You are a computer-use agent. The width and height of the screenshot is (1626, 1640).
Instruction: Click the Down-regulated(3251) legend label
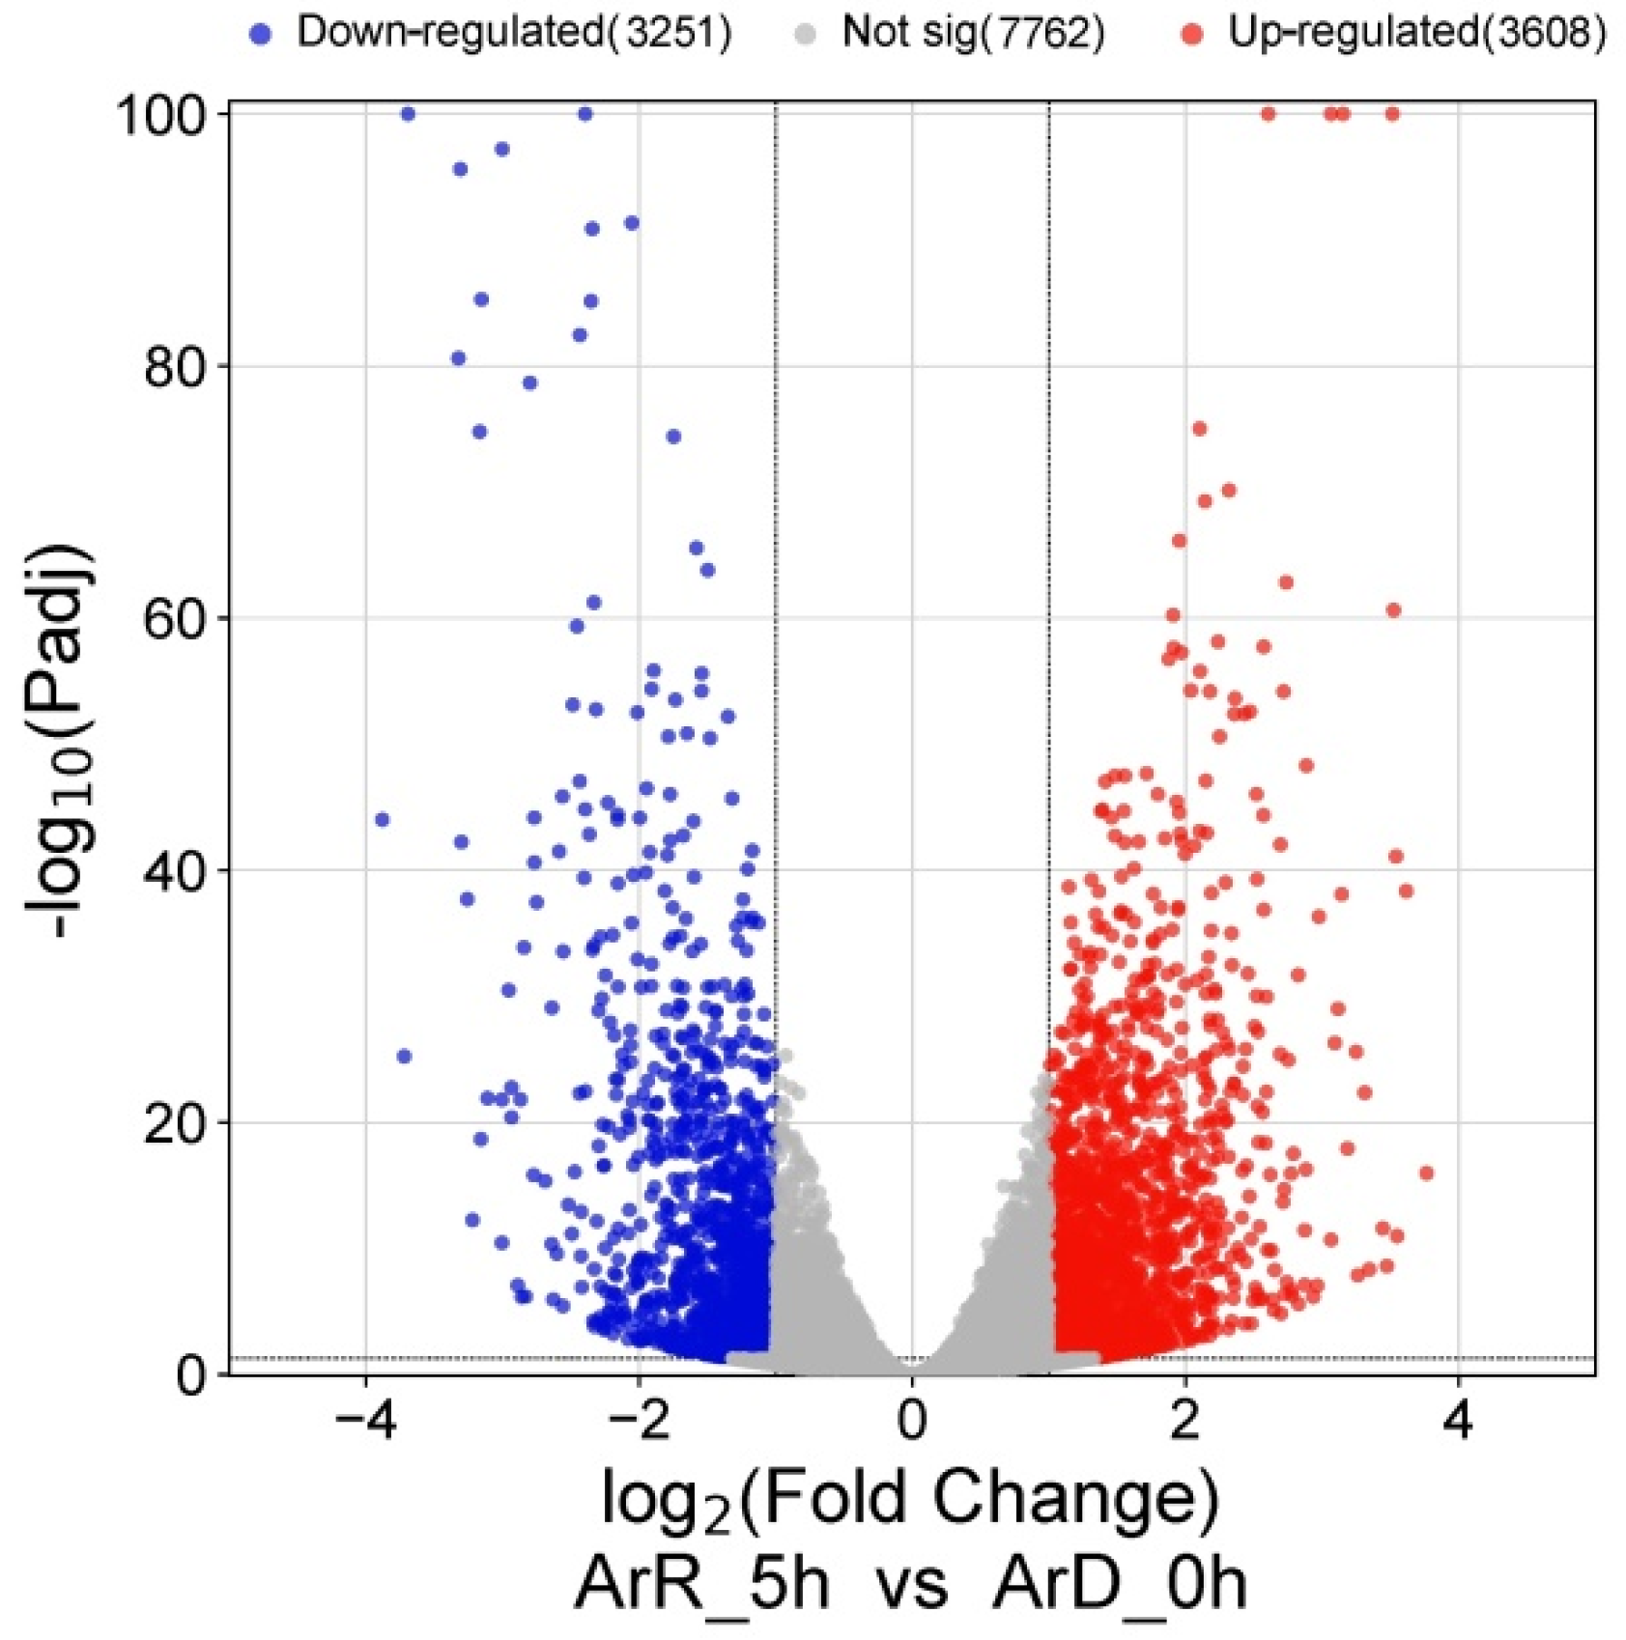tap(513, 33)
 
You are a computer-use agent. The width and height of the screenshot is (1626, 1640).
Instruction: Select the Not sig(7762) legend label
tap(972, 33)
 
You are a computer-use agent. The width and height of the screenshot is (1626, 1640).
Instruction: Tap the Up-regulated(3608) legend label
tap(1416, 33)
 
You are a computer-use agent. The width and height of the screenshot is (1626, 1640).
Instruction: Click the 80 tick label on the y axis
tap(174, 368)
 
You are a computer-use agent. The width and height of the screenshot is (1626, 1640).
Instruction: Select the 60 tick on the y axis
tap(174, 619)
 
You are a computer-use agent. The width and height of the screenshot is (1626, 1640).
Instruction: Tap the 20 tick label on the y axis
tap(174, 1123)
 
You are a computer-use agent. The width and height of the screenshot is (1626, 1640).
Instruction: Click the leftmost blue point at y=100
tap(408, 114)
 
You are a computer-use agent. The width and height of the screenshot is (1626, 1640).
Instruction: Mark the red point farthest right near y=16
tap(1426, 1173)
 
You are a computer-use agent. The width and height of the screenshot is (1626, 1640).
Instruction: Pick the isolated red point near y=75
tap(1199, 429)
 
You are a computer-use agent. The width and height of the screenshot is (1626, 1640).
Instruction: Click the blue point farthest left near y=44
tap(382, 820)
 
